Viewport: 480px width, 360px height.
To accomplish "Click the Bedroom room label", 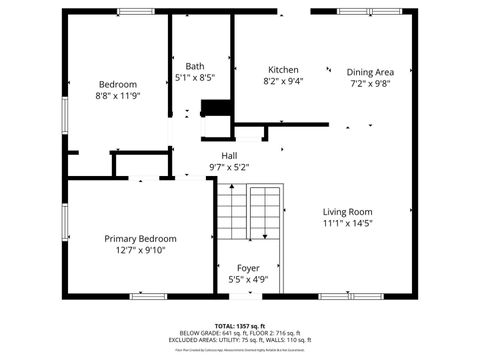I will [117, 84].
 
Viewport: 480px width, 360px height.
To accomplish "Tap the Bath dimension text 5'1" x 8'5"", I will [194, 77].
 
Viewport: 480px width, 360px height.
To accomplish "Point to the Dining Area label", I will [370, 72].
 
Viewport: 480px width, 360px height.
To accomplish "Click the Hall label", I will [229, 156].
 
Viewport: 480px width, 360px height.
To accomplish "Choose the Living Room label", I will [347, 211].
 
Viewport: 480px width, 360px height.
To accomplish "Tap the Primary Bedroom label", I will [141, 239].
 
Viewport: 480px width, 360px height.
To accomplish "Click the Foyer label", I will [248, 268].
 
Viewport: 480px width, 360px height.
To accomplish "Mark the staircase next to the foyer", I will [249, 213].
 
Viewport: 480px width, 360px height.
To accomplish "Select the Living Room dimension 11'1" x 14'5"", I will [347, 223].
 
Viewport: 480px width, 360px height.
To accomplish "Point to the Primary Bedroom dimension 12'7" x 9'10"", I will [141, 251].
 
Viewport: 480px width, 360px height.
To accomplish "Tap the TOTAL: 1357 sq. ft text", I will [238, 326].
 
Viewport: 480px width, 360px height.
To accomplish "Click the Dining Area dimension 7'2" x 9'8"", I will [370, 84].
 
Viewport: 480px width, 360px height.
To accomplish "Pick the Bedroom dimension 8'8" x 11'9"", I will [117, 96].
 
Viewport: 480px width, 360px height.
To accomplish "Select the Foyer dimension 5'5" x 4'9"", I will [248, 280].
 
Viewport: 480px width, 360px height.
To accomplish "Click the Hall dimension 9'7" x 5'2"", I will [229, 167].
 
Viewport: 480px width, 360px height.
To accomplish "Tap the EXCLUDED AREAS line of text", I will [238, 340].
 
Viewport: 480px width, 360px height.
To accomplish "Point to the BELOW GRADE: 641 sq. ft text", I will [204, 333].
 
